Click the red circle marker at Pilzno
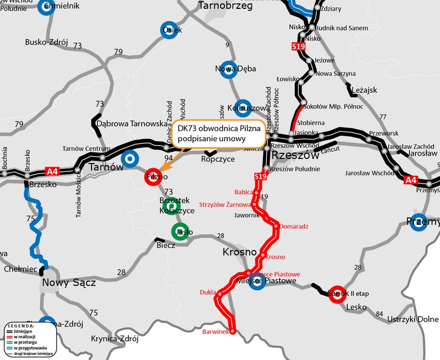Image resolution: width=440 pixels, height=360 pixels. tap(154, 177)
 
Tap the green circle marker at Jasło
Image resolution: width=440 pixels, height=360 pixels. tap(179, 232)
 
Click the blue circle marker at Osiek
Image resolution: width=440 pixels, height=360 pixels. tap(169, 30)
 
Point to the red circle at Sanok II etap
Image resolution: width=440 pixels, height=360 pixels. tap(337, 294)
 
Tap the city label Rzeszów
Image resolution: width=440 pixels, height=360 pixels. tap(294, 155)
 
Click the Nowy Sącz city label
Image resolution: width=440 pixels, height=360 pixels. tap(69, 283)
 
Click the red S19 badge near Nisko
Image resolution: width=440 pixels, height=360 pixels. tap(298, 47)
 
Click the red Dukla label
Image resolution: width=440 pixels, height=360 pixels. tap(208, 292)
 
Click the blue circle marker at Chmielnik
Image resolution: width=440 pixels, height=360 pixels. tap(49, 7)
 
